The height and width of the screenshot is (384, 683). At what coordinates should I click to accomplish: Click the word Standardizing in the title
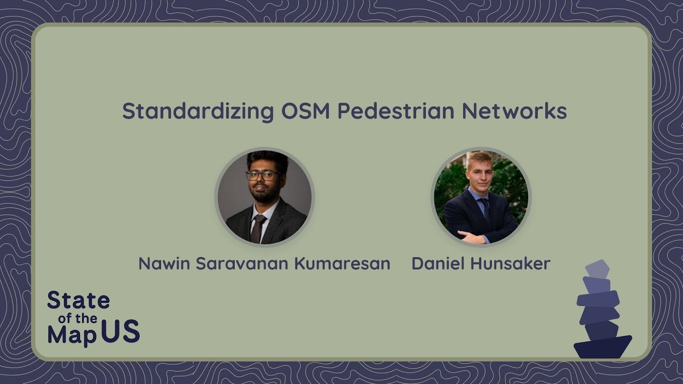[x=198, y=111]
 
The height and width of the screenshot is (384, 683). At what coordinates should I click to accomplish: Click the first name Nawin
[x=164, y=263]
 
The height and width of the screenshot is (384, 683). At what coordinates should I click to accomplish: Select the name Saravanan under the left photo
[x=236, y=263]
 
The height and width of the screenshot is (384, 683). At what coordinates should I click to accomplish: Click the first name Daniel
[x=435, y=263]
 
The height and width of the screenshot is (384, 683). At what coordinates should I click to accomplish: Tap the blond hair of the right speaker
[x=479, y=158]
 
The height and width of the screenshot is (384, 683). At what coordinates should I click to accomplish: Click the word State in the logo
[x=78, y=301]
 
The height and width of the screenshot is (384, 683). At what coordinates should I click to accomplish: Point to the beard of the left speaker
[x=261, y=193]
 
